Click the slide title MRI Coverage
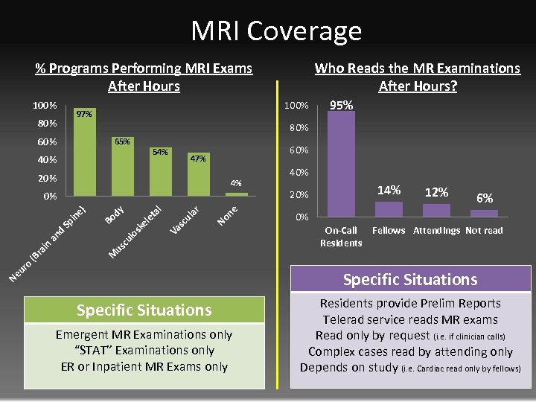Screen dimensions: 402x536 click(276, 31)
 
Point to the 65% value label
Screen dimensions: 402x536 click(122, 141)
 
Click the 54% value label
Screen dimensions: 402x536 click(160, 152)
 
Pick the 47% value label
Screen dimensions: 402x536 click(198, 158)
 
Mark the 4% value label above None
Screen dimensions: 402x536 click(236, 182)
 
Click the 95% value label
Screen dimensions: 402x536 click(342, 106)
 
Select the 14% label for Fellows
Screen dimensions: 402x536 click(389, 191)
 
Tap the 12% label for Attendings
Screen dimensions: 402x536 click(436, 192)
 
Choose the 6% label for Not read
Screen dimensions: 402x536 click(484, 198)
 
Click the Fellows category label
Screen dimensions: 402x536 click(389, 231)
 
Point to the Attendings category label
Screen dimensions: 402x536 click(436, 231)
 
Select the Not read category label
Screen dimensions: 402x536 click(484, 231)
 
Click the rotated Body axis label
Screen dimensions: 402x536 click(114, 211)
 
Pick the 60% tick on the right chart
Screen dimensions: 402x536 click(299, 150)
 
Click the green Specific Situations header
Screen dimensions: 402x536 click(144, 310)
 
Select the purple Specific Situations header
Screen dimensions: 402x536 click(409, 280)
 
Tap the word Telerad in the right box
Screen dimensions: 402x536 click(345, 319)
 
